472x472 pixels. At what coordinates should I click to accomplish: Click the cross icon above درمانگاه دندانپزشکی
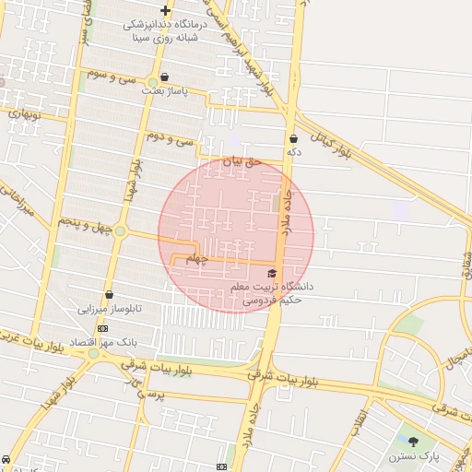point(165,10)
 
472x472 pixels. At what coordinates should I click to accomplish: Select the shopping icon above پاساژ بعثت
point(164,77)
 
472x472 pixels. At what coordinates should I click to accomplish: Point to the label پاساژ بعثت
point(165,91)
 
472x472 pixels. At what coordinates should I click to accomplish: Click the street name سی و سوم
point(110,75)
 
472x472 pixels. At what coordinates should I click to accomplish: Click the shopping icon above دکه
point(293,138)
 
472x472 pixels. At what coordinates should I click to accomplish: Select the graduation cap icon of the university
point(271,274)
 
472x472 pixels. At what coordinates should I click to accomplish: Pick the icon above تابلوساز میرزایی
point(110,295)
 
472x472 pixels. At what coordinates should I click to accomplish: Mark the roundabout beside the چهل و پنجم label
point(120,230)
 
